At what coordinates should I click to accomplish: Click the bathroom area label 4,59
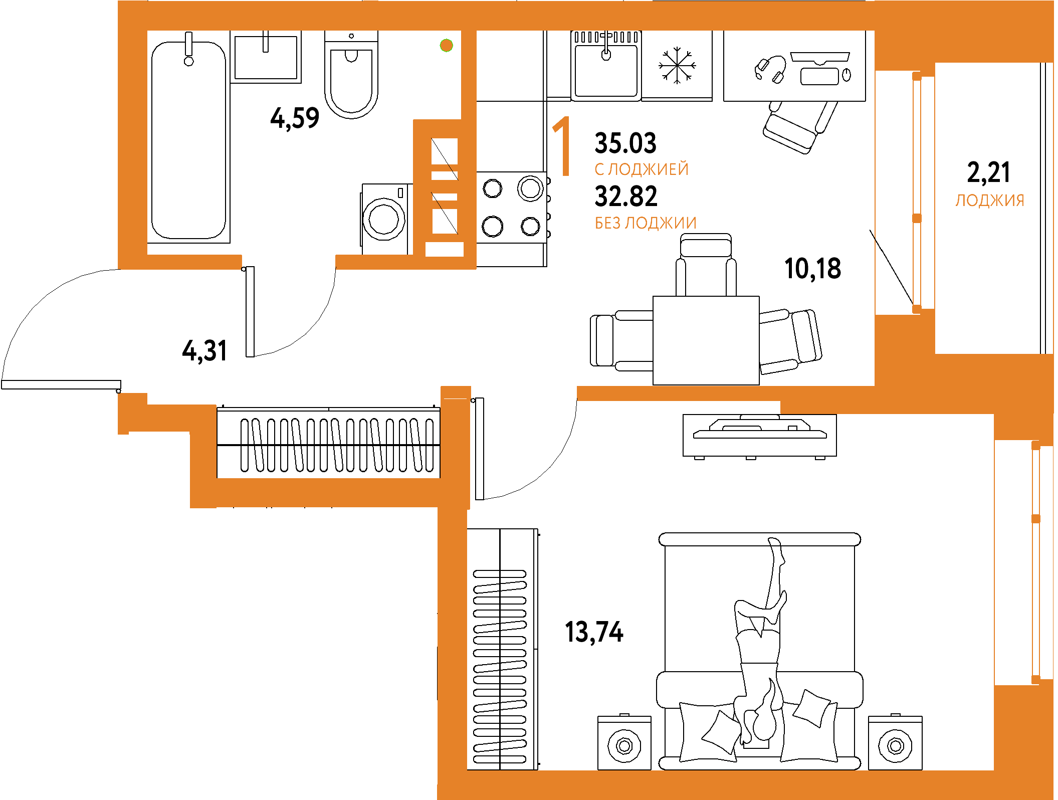[x=295, y=118]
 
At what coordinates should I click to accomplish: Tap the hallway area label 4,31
[x=204, y=350]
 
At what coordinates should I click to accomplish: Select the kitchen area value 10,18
[x=812, y=269]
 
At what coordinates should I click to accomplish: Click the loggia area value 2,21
[x=988, y=172]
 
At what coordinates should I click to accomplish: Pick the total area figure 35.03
[x=625, y=143]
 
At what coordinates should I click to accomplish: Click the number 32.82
[x=626, y=196]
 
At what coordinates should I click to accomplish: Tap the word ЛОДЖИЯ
[x=989, y=201]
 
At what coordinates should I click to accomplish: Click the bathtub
[x=189, y=140]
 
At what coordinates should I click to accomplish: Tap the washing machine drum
[x=384, y=220]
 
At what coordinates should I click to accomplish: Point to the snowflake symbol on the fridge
[x=677, y=65]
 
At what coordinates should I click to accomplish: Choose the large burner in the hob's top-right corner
[x=530, y=188]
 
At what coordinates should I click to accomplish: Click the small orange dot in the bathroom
[x=446, y=46]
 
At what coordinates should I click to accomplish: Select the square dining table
[x=706, y=340]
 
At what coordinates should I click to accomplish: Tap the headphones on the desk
[x=770, y=69]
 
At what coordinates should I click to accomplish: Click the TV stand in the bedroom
[x=759, y=435]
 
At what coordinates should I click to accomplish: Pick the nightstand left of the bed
[x=624, y=743]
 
